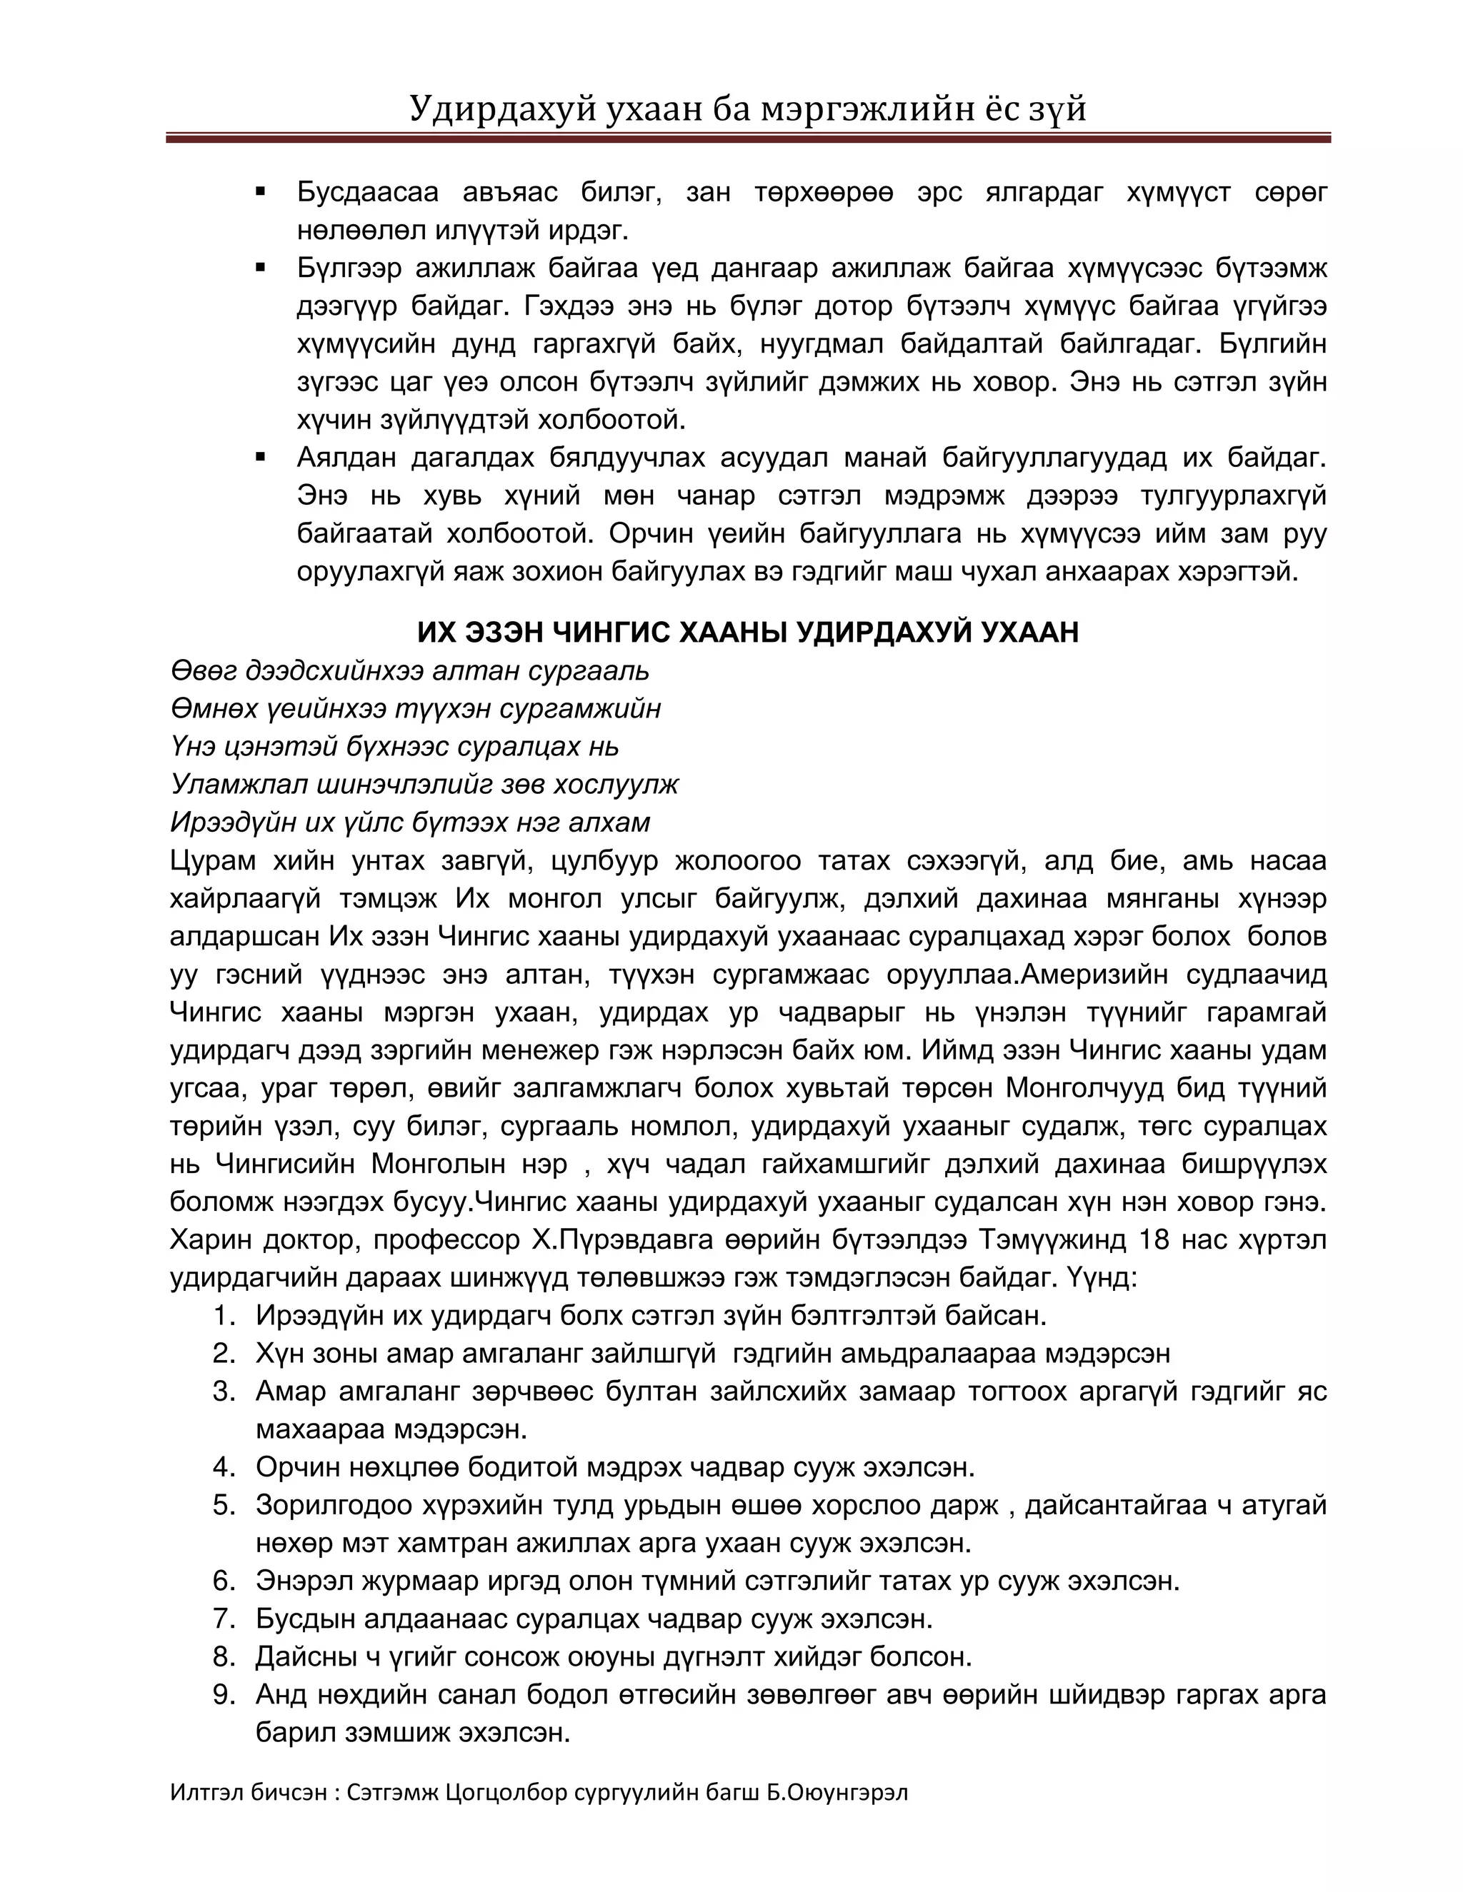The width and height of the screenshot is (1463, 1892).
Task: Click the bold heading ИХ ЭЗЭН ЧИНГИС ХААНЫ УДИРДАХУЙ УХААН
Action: (x=747, y=633)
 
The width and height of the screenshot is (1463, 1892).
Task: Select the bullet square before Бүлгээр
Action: (x=260, y=268)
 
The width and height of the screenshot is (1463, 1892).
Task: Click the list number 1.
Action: (x=224, y=1316)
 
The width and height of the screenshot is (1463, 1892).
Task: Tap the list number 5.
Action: (x=224, y=1506)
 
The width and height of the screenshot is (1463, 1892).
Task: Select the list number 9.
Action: (x=224, y=1694)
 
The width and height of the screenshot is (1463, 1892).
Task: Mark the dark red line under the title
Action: (x=747, y=138)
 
